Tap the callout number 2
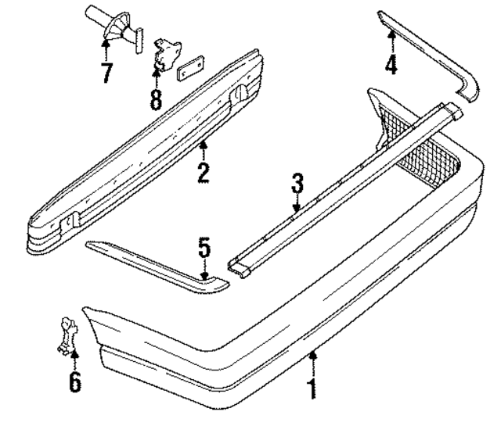(x=203, y=170)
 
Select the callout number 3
(x=297, y=187)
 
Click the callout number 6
(x=74, y=383)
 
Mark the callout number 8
(x=156, y=99)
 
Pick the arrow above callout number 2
(x=203, y=146)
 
